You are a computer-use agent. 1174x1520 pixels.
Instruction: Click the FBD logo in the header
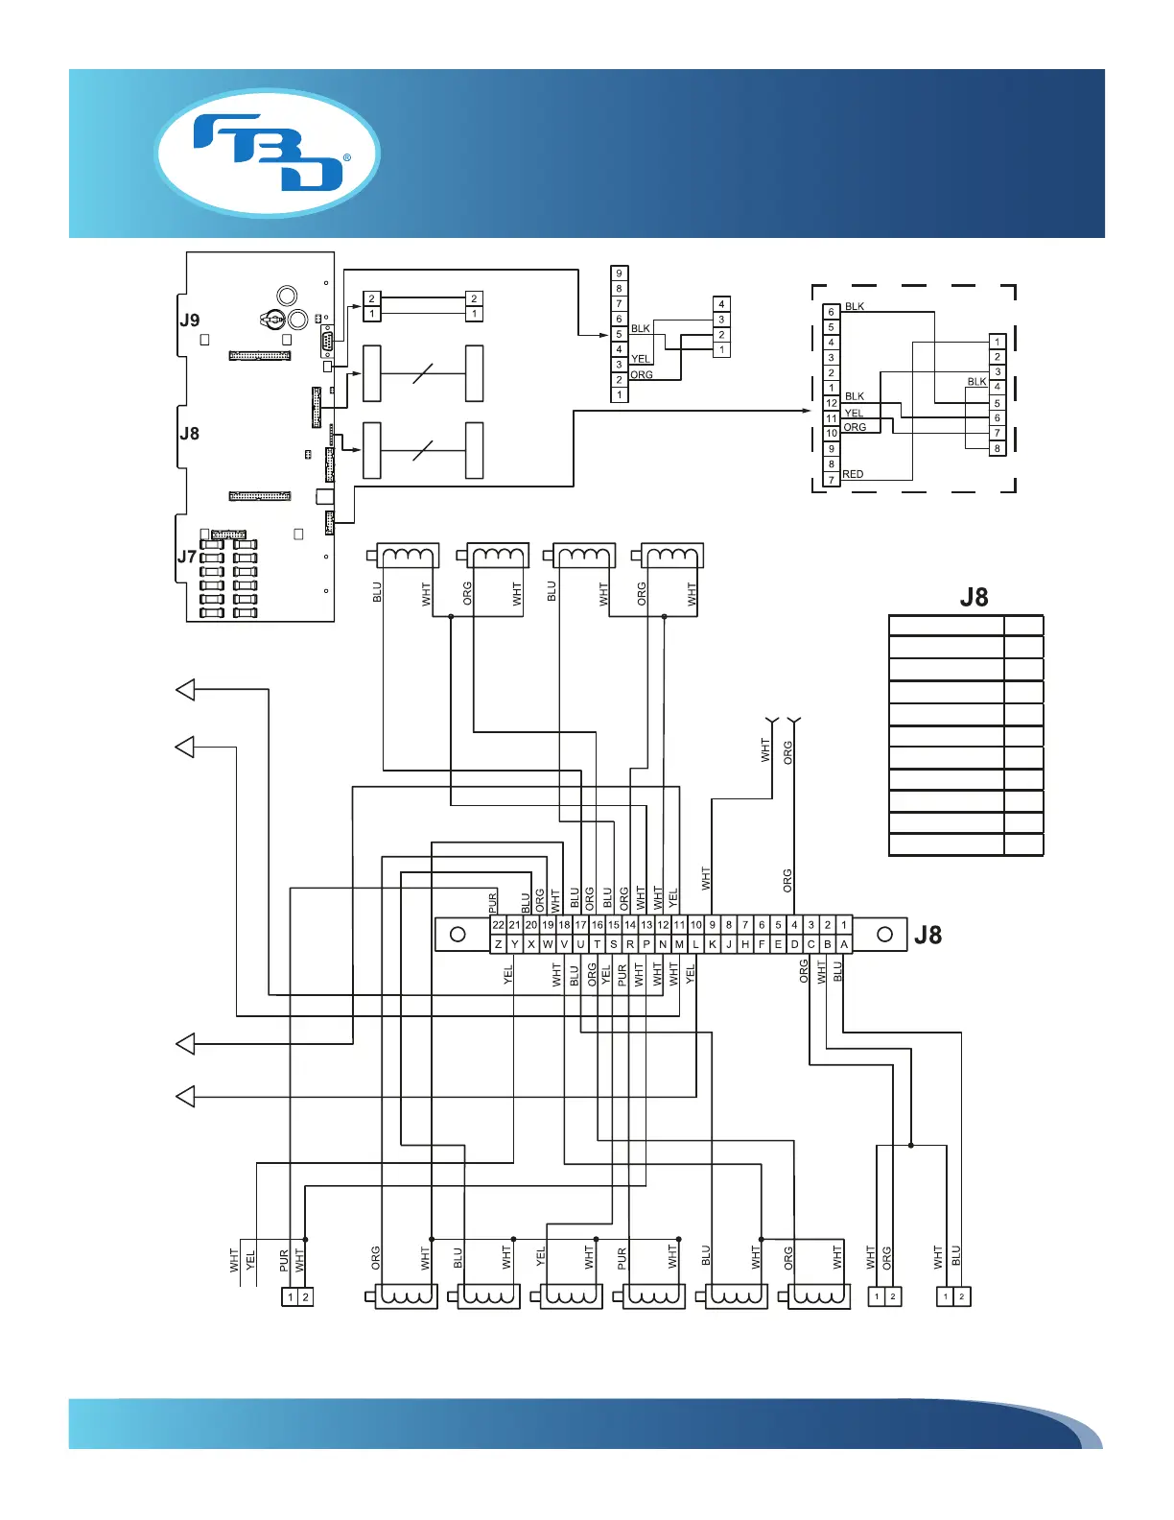[x=268, y=154]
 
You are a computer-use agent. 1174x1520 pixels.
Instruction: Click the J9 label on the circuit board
[x=190, y=321]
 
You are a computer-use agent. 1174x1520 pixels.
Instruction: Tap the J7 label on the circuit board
[x=187, y=557]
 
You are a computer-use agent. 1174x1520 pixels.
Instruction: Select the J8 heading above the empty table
[x=974, y=598]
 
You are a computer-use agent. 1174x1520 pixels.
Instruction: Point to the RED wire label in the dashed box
[x=853, y=474]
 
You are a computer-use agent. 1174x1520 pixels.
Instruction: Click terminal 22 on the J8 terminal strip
[x=498, y=925]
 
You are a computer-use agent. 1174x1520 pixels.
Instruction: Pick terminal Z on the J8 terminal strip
[x=498, y=944]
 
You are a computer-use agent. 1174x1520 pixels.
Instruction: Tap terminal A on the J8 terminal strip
[x=844, y=944]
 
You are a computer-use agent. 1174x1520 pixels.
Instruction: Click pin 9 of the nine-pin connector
[x=619, y=273]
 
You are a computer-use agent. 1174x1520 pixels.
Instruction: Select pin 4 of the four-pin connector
[x=721, y=304]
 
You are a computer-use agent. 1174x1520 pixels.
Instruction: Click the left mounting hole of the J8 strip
[x=458, y=934]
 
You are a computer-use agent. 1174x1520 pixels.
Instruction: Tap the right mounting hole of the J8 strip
[x=884, y=934]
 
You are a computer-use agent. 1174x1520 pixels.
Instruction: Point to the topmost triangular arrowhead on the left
[x=185, y=689]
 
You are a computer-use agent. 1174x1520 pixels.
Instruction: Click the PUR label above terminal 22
[x=493, y=901]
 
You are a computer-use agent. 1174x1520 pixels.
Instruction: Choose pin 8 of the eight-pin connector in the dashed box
[x=997, y=448]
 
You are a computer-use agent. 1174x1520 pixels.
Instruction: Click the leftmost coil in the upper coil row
[x=409, y=556]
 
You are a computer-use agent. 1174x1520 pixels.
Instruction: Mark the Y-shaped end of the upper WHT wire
[x=771, y=721]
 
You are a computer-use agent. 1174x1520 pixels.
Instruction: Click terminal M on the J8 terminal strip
[x=679, y=944]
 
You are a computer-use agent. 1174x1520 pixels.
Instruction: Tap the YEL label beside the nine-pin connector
[x=640, y=359]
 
